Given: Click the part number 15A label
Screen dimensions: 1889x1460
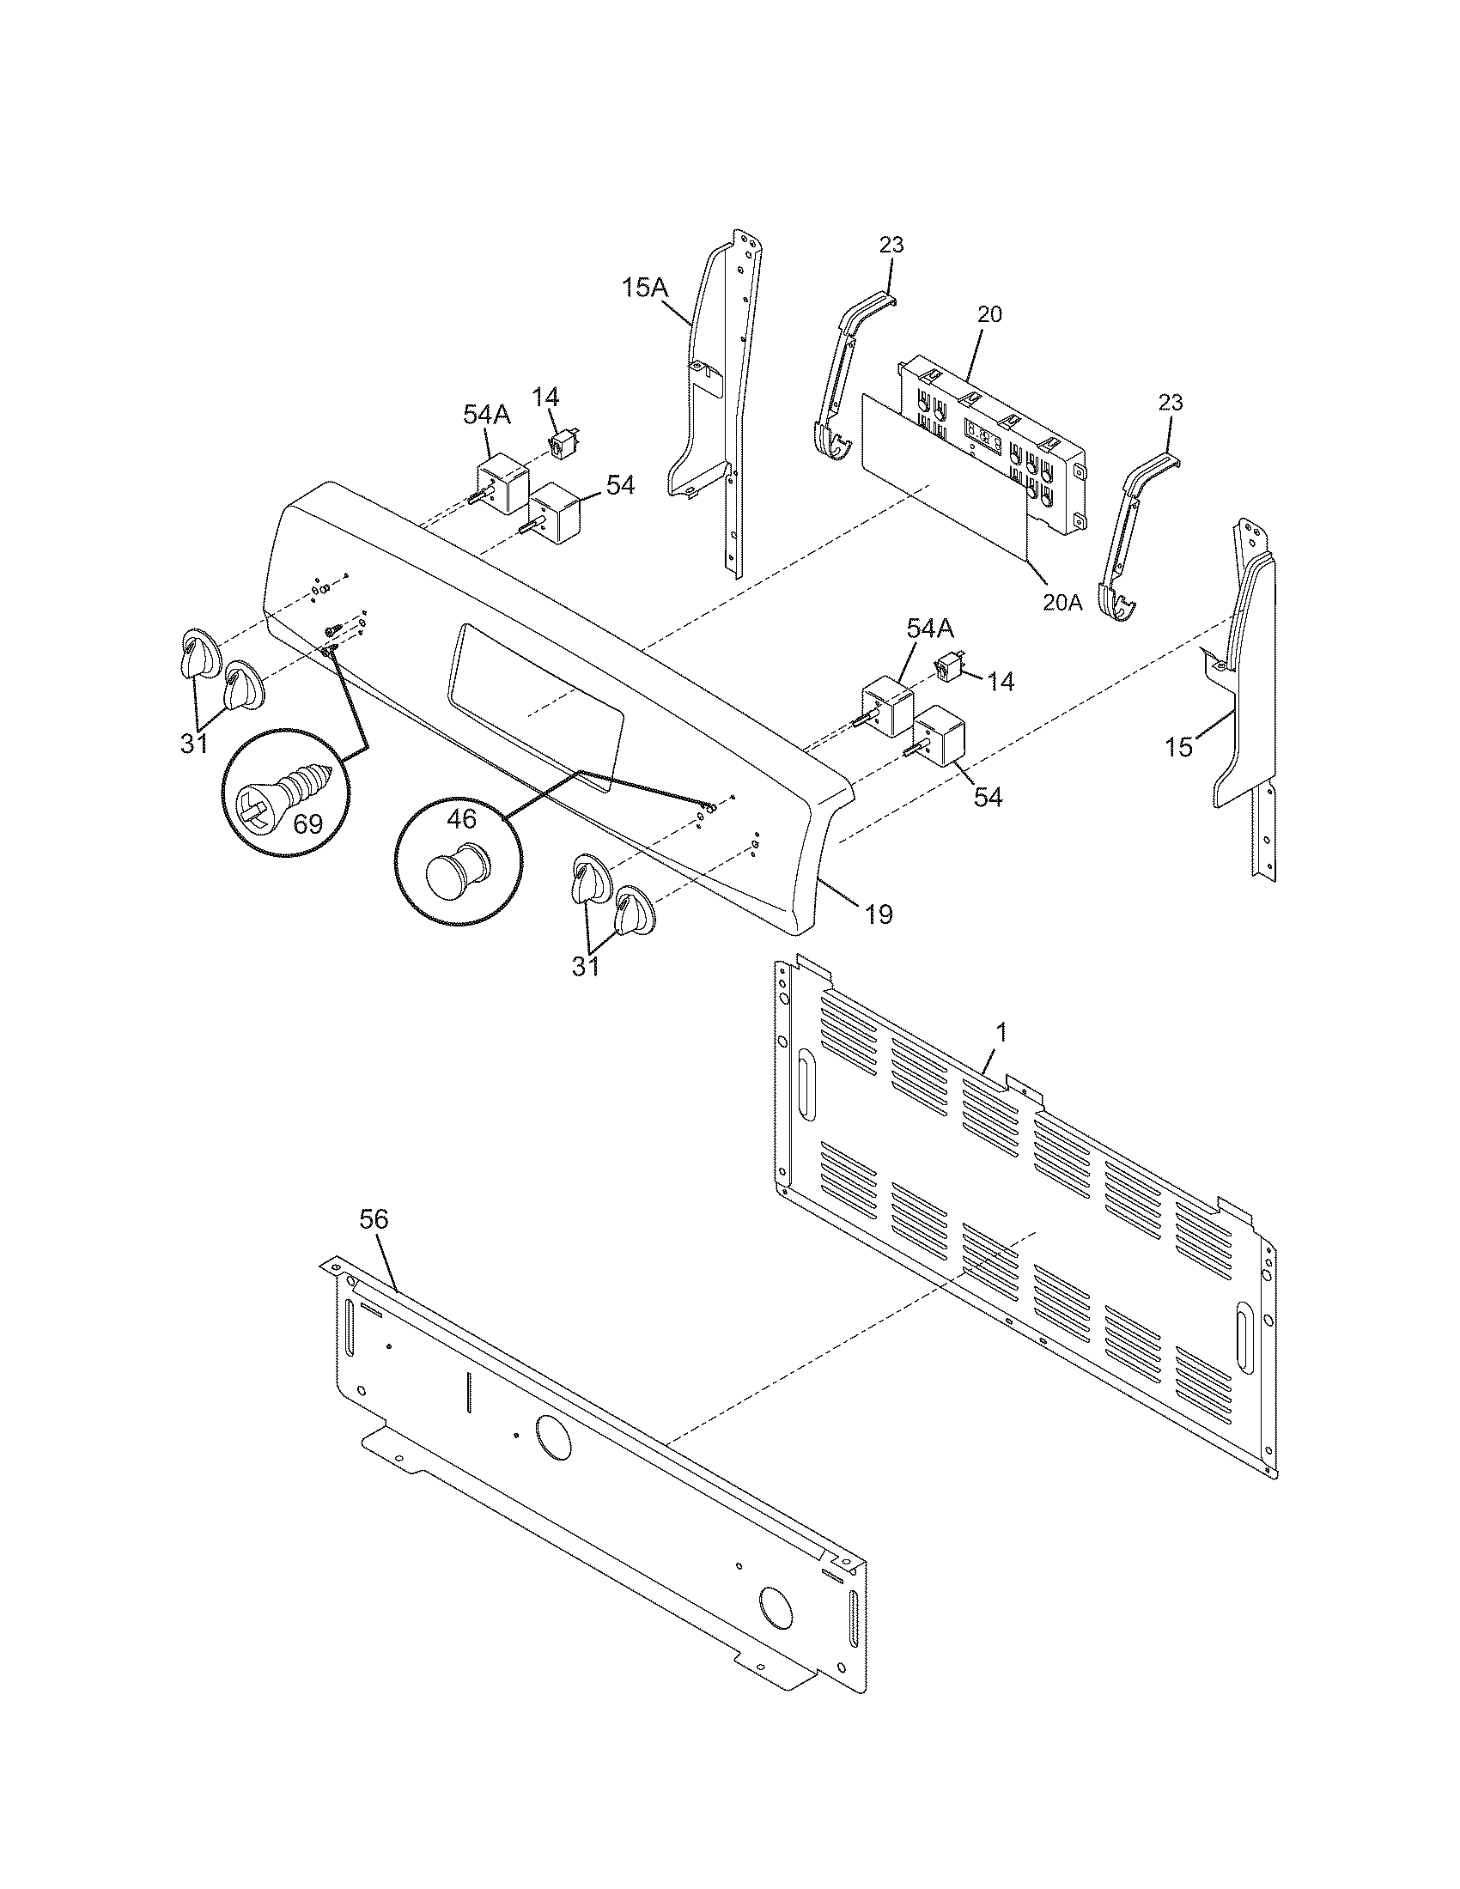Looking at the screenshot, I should coord(644,288).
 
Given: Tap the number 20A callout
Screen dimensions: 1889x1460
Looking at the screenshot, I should coord(1062,602).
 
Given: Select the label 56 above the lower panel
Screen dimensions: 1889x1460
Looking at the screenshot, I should coord(374,1219).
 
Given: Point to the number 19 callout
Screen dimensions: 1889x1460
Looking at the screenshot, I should coord(878,914).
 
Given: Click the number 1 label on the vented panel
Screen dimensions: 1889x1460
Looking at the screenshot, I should coord(1001,1032).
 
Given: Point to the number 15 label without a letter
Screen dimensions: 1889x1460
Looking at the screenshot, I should coord(1178,746).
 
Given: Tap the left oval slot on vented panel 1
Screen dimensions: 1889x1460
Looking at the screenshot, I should coord(806,1078).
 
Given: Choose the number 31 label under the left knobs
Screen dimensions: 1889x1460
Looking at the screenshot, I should coord(194,742).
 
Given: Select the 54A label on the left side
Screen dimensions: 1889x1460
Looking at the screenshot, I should coord(487,416).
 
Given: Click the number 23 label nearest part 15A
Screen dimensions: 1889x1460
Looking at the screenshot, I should coord(891,245).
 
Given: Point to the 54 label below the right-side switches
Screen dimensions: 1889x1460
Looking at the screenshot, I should coord(987,797).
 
